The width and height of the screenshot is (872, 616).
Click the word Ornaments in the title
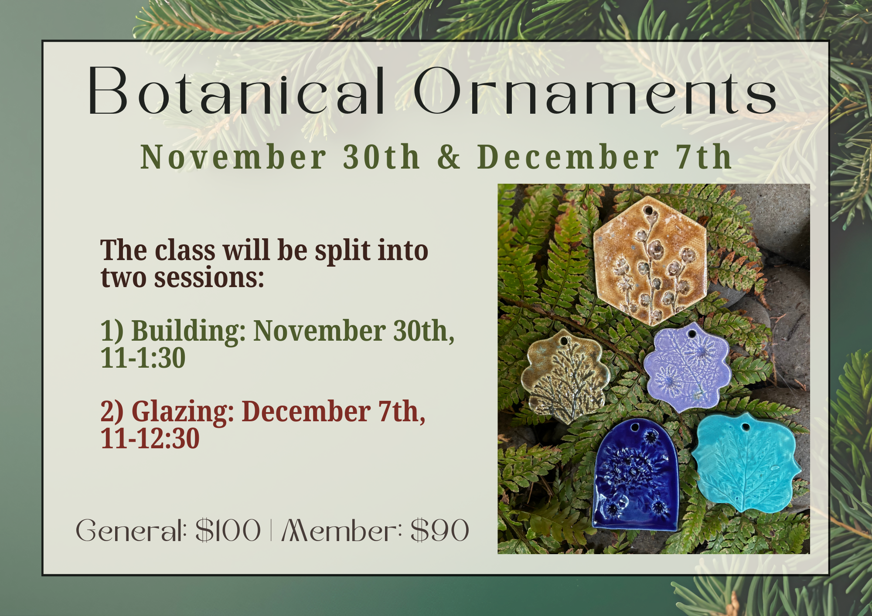[x=595, y=91]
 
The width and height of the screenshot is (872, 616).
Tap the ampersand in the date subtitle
[x=449, y=157]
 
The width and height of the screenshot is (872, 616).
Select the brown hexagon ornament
[x=650, y=261]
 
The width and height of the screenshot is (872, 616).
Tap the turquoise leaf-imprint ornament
[x=746, y=462]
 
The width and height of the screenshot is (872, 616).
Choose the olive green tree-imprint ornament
[x=565, y=376]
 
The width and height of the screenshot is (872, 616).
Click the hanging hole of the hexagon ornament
[x=648, y=211]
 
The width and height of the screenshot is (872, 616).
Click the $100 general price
[x=228, y=531]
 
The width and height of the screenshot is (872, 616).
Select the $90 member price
[x=440, y=531]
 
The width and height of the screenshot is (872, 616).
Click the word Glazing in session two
[x=183, y=412]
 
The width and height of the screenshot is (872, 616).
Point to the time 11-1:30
[x=143, y=358]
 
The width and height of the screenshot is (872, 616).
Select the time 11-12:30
[x=150, y=438]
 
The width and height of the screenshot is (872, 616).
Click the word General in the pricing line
[x=131, y=531]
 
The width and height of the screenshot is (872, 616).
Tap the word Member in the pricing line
[x=342, y=531]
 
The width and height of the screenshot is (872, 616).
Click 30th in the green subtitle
[x=381, y=157]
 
